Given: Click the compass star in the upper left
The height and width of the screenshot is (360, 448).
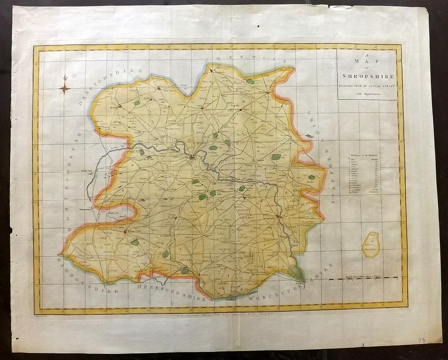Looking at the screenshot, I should [64, 88].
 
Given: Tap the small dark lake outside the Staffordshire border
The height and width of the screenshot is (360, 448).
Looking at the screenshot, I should [310, 136].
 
